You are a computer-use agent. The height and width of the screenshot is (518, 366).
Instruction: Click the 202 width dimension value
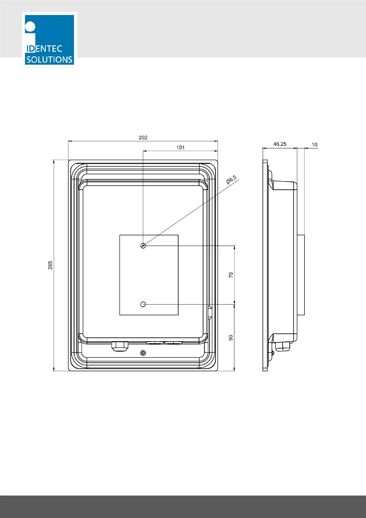pos(143,137)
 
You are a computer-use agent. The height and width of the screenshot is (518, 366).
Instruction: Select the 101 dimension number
pos(181,148)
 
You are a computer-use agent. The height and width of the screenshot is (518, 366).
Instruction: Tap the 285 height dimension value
pos(50,265)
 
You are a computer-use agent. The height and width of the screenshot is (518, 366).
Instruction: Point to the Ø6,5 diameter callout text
pos(231,180)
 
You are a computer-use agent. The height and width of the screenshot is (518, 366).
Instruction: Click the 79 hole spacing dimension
pos(231,275)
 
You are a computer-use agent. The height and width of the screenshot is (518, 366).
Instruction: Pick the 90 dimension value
pos(231,338)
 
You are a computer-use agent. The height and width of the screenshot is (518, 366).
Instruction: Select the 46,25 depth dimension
pos(280,144)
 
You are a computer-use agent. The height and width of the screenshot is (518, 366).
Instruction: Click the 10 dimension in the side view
pos(314,145)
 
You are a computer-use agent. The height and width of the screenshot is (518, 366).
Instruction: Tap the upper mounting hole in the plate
pos(143,245)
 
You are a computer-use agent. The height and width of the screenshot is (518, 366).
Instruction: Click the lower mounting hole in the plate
pos(143,304)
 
